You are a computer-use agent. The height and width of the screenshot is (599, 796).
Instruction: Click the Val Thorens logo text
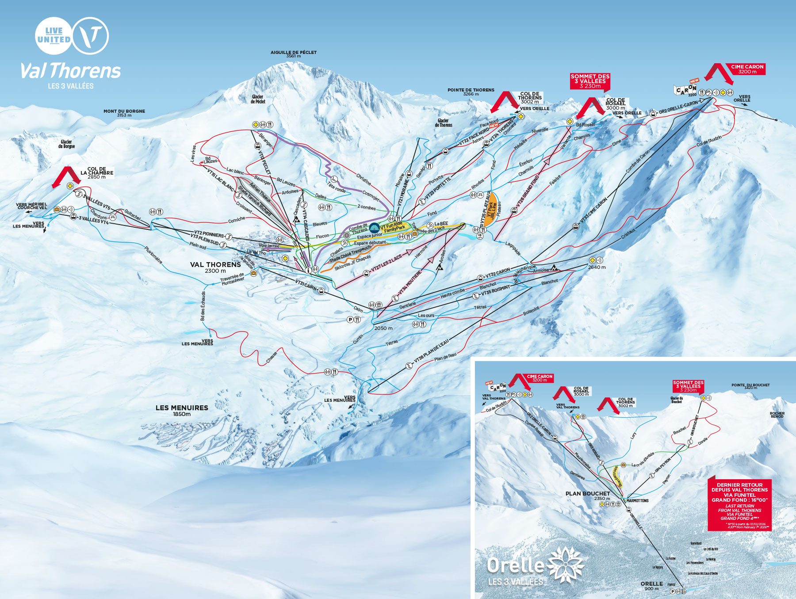coord(71,71)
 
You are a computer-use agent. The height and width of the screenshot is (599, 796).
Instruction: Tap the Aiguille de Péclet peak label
coord(294,53)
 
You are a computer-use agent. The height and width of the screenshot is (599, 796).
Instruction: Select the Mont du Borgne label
coord(124,113)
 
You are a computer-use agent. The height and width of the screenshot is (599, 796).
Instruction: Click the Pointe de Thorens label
coord(471,92)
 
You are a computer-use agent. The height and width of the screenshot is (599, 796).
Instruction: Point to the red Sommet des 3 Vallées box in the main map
coord(590,81)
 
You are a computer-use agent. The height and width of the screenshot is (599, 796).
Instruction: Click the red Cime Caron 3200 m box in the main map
coord(747,69)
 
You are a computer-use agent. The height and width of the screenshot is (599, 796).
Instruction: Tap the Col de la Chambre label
coord(97,172)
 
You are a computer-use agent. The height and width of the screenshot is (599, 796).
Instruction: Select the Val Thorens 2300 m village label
coord(215,267)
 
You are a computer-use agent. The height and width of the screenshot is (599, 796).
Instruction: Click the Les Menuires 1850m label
coord(182,410)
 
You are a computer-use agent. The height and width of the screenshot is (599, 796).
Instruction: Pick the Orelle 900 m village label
coord(651,585)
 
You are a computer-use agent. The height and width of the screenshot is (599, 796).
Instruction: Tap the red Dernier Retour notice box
coord(739,504)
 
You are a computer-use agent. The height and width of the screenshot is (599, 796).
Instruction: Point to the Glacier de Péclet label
coord(257,99)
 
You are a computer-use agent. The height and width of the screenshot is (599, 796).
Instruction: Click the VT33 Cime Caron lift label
coord(593,210)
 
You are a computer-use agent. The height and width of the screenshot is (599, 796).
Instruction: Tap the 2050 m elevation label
coord(383,328)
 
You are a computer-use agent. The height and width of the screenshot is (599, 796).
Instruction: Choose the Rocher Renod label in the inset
coord(777,415)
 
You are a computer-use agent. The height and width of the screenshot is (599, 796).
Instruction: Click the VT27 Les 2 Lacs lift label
coord(387,263)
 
